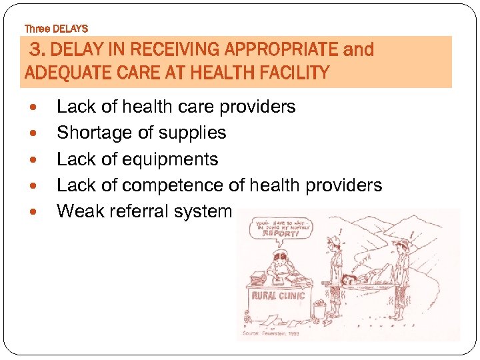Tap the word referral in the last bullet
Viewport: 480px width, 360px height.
(141, 211)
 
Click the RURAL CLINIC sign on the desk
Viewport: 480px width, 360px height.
(279, 295)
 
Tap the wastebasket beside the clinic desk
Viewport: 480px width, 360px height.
(319, 309)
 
